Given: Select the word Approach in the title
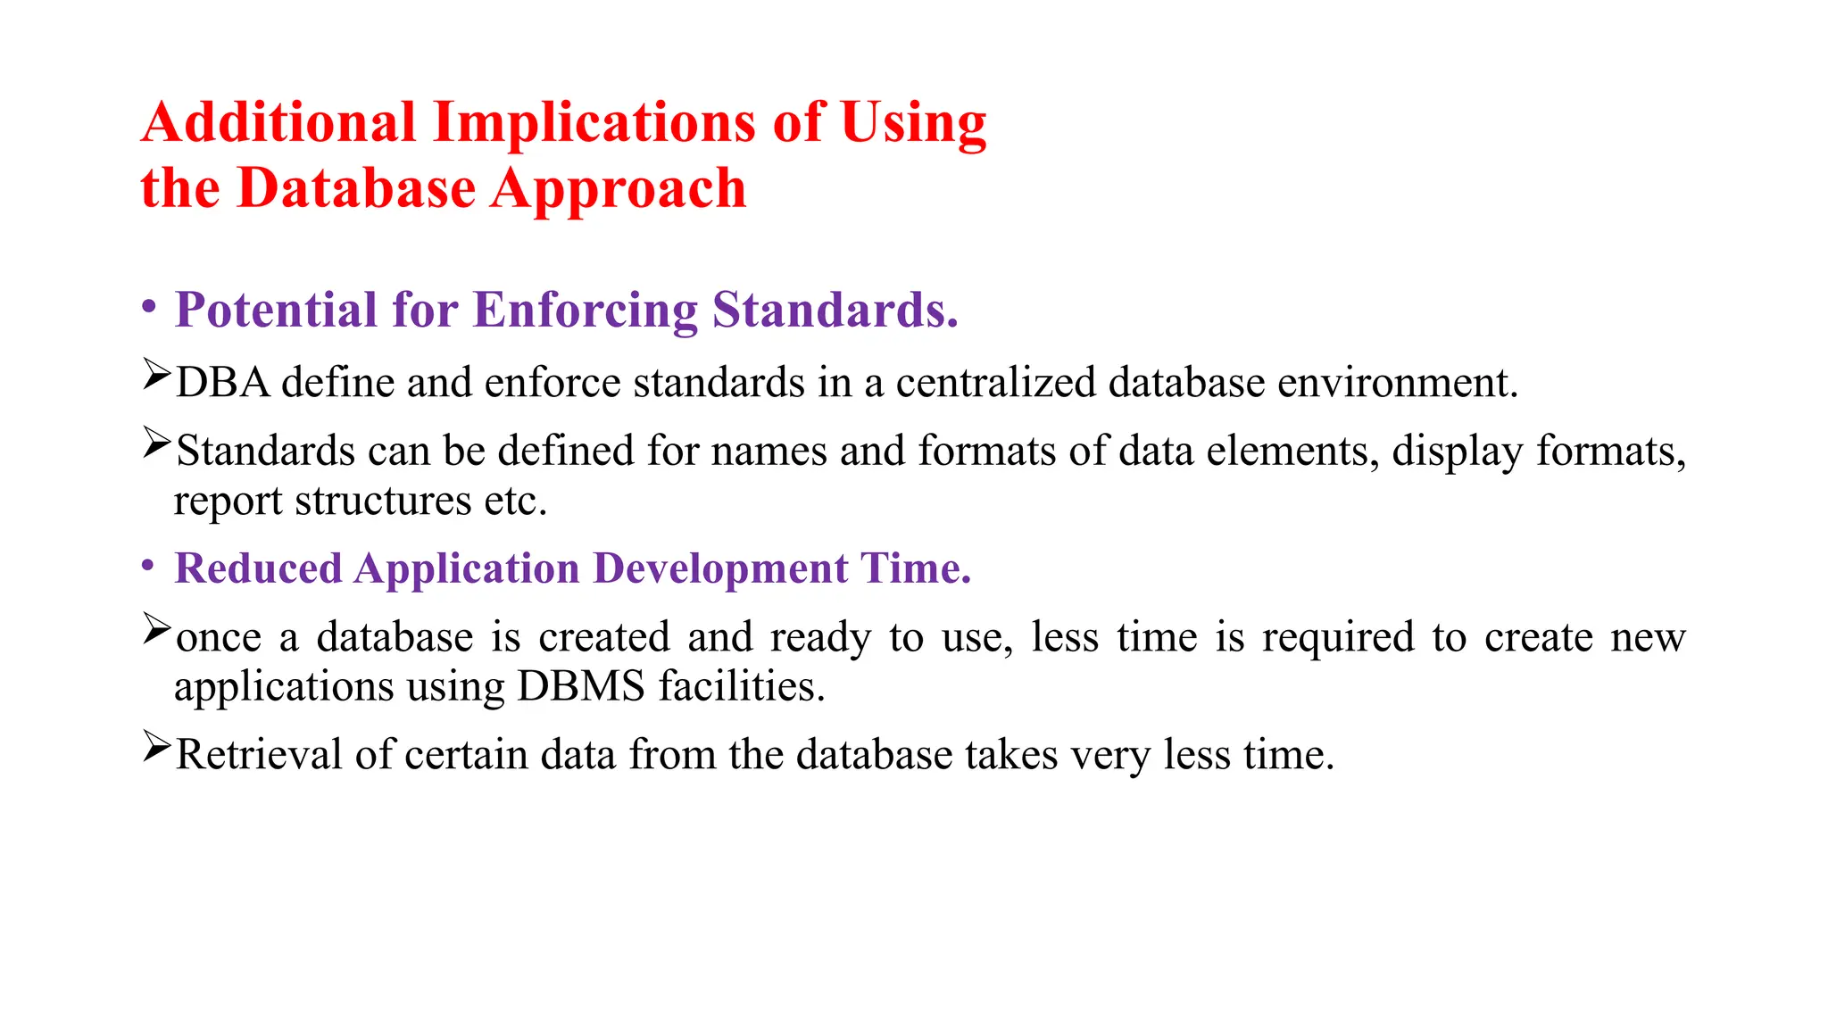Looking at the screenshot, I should click(618, 188).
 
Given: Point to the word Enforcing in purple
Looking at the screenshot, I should click(585, 311).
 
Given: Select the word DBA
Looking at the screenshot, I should click(222, 383).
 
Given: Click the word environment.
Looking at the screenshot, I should click(1397, 383).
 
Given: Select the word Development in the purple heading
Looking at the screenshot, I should click(720, 568).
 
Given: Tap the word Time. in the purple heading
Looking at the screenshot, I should click(915, 568).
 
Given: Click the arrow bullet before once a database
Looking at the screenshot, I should click(156, 629).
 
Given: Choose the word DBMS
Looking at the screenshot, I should click(580, 687).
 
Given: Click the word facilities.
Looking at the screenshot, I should click(742, 687).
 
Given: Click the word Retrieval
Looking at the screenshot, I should click(259, 755).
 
